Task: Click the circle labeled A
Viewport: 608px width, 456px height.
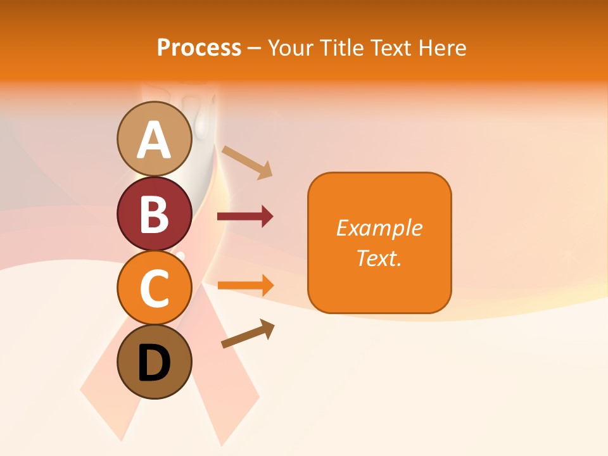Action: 154,139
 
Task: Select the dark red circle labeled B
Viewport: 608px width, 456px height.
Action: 154,213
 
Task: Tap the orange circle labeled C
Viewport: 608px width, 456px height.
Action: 154,288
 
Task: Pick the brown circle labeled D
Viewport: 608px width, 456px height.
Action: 154,362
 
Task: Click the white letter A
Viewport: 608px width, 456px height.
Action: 154,140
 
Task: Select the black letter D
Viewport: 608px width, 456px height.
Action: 154,363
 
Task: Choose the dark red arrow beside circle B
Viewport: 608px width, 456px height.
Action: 245,217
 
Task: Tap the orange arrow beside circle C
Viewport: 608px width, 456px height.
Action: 245,285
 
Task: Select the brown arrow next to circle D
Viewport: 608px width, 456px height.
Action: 248,333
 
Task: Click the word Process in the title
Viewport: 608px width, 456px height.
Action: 199,47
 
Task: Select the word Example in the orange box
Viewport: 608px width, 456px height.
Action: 379,228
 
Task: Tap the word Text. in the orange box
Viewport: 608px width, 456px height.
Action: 379,258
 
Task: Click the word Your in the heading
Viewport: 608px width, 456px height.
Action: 291,47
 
